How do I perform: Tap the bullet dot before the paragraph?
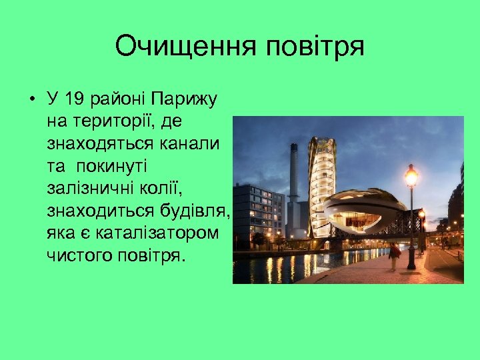[x=32, y=101]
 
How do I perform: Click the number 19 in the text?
[x=79, y=100]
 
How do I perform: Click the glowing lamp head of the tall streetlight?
[x=411, y=177]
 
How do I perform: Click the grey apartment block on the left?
[x=258, y=213]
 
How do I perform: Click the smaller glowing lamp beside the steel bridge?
[x=422, y=215]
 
